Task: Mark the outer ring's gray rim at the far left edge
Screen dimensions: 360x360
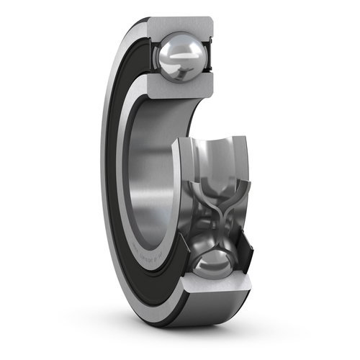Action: coord(105,180)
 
